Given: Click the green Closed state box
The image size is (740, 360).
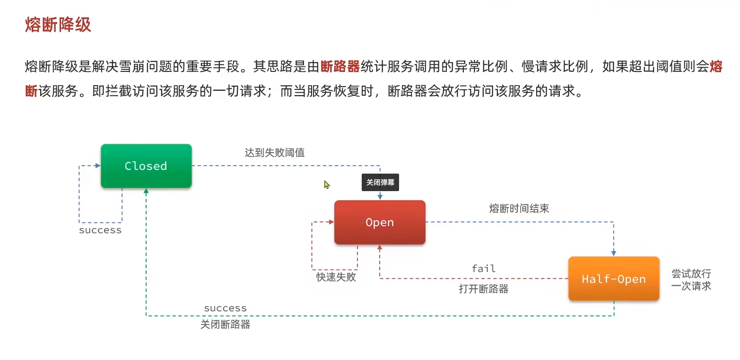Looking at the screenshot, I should pos(146,166).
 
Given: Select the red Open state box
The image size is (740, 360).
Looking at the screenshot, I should pos(380,222).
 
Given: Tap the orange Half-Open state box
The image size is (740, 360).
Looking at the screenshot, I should pos(614,279).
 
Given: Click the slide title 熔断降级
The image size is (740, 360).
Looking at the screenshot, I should pos(58,25).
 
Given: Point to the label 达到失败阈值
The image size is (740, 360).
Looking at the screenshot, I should pos(274,152).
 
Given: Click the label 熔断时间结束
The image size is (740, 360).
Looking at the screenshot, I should pos(519,209).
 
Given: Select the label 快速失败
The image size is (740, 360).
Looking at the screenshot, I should pos(336,277).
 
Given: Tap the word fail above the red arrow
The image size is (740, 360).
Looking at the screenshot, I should pos(484,269).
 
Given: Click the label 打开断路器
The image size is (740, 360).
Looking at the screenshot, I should pos(483,289).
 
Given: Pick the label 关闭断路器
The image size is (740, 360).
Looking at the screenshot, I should pos(225,325).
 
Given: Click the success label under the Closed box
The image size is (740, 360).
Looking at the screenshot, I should pos(100,230).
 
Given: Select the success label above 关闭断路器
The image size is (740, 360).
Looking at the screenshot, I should pos(225,308).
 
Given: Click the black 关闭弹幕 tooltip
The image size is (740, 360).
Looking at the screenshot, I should pos(380,183).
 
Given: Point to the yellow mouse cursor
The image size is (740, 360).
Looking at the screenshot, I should pos(327,184).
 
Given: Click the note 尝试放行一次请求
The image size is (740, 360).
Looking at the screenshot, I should pos(691,280).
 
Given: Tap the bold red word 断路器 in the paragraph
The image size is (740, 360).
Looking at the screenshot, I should pos(340,67).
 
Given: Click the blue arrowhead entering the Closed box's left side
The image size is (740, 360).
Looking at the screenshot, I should pos(97,166).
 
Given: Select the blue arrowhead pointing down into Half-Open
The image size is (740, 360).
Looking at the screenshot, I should pos(614,253).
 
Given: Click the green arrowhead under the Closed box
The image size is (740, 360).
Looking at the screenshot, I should pos(146,191).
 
